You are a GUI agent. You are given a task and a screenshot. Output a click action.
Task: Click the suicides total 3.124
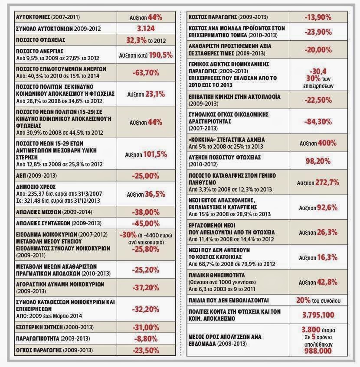click(146, 29)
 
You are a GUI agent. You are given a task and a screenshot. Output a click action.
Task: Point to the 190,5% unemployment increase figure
click(160, 55)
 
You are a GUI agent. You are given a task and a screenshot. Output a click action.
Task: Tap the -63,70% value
click(146, 73)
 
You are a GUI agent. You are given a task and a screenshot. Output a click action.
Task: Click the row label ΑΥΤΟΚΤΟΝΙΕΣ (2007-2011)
click(48, 17)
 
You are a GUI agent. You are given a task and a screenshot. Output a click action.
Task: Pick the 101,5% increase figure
click(155, 155)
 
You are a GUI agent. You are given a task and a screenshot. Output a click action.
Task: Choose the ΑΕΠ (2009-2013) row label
click(36, 175)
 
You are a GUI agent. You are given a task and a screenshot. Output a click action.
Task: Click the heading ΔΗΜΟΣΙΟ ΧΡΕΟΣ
click(36, 187)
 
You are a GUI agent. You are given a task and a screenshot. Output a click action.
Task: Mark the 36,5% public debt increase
click(155, 194)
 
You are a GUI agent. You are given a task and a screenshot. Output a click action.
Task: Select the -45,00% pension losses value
click(146, 224)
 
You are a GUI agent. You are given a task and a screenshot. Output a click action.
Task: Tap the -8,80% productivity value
click(146, 339)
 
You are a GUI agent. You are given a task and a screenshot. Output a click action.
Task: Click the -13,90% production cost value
click(318, 17)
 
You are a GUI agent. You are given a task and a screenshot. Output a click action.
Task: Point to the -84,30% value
click(318, 122)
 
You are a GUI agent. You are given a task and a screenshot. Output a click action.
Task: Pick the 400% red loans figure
click(327, 143)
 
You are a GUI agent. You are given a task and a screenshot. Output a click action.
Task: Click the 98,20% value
click(318, 161)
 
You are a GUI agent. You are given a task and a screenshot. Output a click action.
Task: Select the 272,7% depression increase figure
click(327, 182)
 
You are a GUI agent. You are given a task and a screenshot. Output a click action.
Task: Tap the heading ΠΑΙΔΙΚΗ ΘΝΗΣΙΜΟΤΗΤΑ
click(217, 275)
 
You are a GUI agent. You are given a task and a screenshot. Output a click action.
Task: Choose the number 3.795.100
click(318, 315)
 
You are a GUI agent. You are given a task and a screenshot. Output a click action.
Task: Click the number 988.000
click(318, 351)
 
